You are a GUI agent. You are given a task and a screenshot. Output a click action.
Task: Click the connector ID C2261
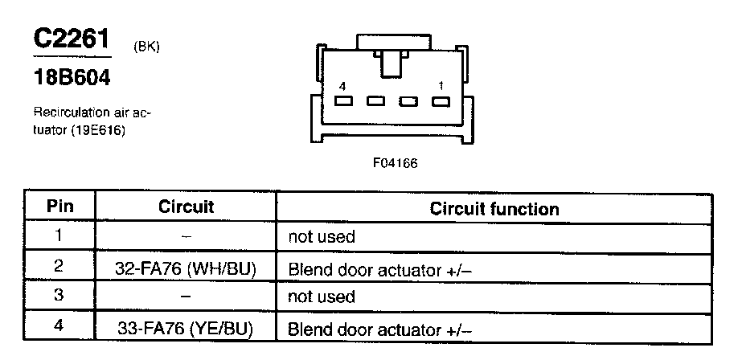(x=71, y=39)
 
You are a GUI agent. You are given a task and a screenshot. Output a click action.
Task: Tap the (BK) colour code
(x=146, y=47)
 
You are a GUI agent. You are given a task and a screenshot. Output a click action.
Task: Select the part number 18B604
(x=72, y=80)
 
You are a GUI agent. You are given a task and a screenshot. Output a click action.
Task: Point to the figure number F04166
(x=395, y=163)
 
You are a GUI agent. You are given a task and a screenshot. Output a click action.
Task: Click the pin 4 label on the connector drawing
(x=343, y=85)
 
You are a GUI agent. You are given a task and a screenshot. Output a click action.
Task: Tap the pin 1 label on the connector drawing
(x=441, y=85)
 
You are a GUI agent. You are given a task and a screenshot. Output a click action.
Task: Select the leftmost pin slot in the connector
(x=344, y=101)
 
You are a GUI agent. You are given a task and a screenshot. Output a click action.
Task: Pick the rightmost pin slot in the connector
(x=439, y=101)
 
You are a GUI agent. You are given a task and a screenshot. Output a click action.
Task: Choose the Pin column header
(x=59, y=207)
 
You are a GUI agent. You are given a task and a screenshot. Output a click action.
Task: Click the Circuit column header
(x=186, y=207)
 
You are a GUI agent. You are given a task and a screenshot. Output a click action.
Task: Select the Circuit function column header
(x=494, y=209)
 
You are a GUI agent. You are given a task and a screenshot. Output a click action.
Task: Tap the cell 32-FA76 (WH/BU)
(x=186, y=268)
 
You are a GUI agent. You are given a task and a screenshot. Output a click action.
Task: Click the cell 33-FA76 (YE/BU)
(x=186, y=328)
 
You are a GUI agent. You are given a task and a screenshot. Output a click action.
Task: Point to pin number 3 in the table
(x=59, y=297)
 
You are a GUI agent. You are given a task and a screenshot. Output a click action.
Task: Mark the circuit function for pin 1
(x=322, y=238)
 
